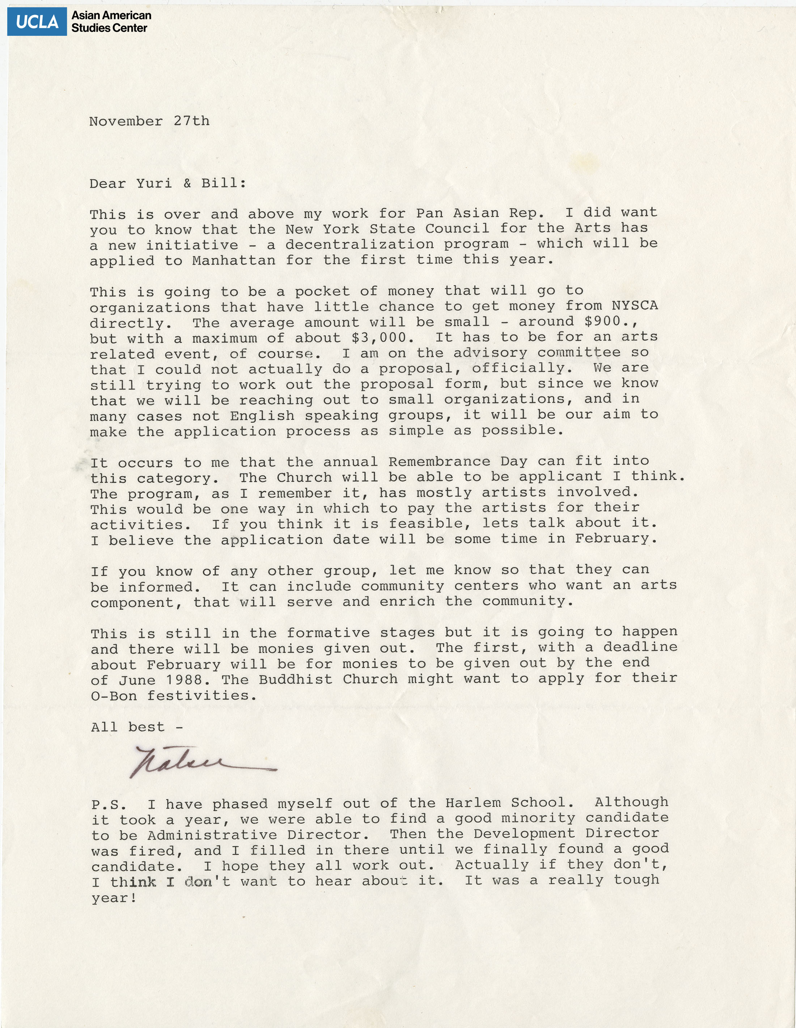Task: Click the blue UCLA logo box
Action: pyautogui.click(x=37, y=22)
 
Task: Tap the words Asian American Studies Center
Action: pyautogui.click(x=111, y=22)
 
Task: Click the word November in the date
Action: pyautogui.click(x=126, y=121)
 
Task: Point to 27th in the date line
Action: pyautogui.click(x=191, y=121)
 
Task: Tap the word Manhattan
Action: pyautogui.click(x=233, y=260)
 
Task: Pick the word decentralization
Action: pyautogui.click(x=359, y=244)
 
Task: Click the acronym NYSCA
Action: pyautogui.click(x=634, y=306)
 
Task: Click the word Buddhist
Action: pyautogui.click(x=296, y=679)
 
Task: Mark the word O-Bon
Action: pyautogui.click(x=114, y=696)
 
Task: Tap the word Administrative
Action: pyautogui.click(x=212, y=835)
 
